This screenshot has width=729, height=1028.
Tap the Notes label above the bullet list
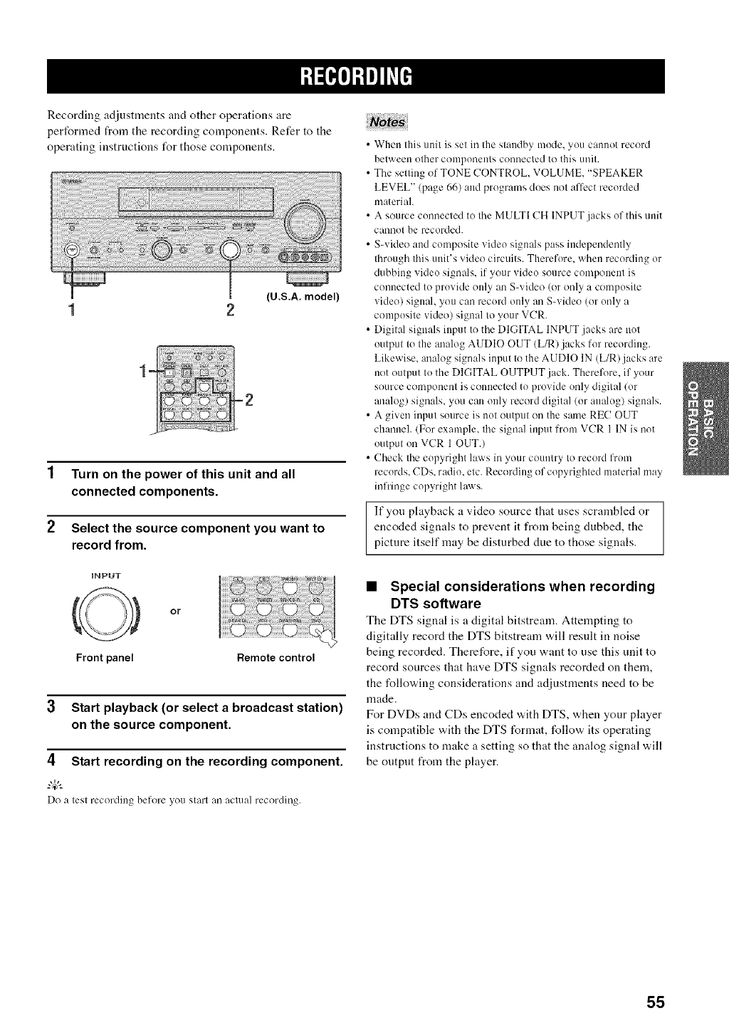[385, 122]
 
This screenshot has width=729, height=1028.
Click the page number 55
[655, 1002]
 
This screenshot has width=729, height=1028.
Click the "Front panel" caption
[105, 658]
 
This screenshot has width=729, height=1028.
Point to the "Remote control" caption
[276, 658]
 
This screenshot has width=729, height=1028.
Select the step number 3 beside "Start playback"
[51, 708]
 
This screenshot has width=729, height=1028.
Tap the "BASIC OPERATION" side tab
[705, 421]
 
